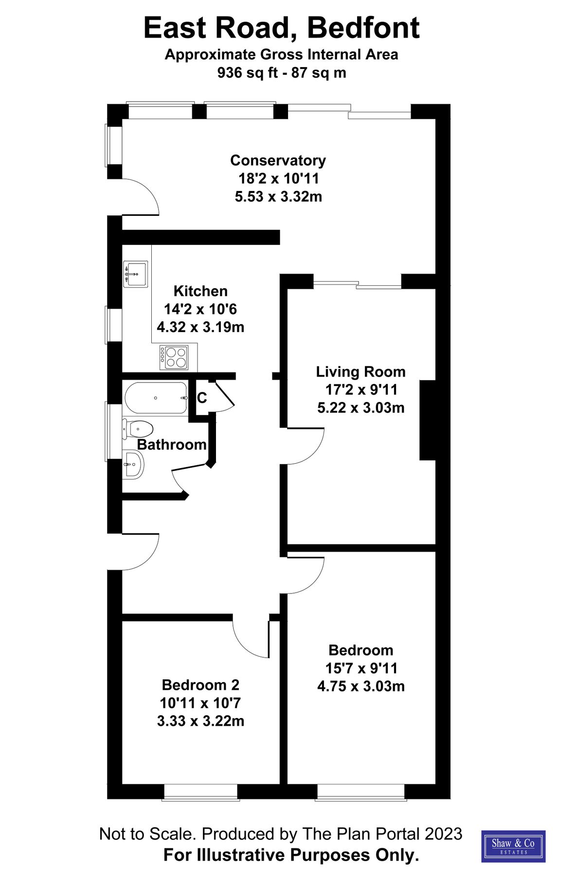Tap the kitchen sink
[x=136, y=274]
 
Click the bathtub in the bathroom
[x=156, y=398]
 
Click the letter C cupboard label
[x=202, y=398]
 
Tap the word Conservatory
[x=278, y=160]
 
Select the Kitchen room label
[x=200, y=291]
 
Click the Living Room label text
[x=360, y=372]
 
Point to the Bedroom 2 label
[x=200, y=685]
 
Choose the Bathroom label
[x=171, y=445]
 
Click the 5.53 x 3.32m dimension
[x=278, y=197]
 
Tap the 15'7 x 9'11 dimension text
[x=361, y=668]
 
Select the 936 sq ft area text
[x=248, y=73]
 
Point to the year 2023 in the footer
[x=443, y=834]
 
